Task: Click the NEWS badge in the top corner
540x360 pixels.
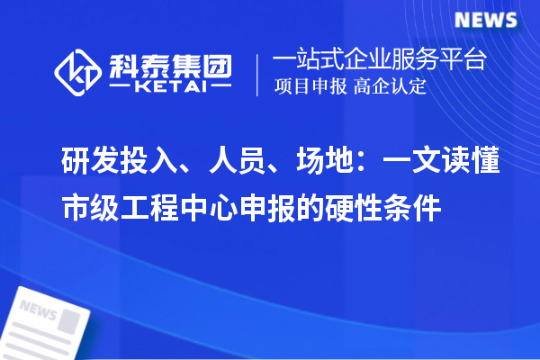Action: [484, 19]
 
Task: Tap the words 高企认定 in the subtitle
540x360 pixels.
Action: [390, 88]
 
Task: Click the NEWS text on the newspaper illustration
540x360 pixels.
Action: [38, 310]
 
